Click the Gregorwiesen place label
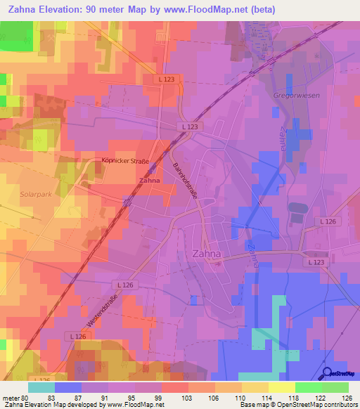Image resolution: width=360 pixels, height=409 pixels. click(295, 94)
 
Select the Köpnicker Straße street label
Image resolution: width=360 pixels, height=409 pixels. click(124, 162)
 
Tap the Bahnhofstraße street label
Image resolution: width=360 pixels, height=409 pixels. click(184, 184)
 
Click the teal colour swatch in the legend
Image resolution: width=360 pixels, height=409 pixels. click(41, 387)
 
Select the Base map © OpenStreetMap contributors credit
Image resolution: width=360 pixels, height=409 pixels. click(297, 405)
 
